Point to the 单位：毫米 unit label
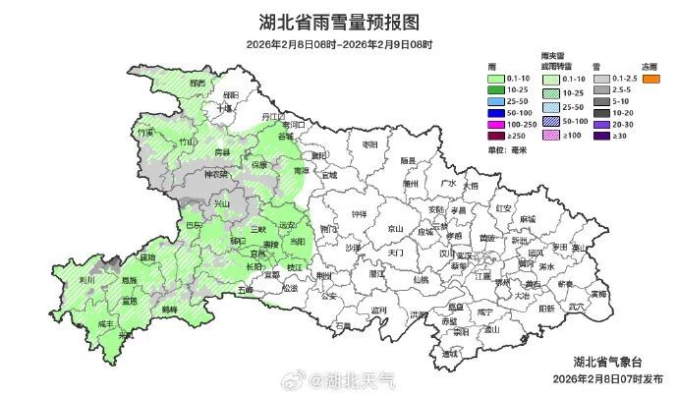point(507,150)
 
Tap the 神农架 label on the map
point(215,175)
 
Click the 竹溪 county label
point(146,132)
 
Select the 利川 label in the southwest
point(86,280)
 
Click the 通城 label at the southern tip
point(450,353)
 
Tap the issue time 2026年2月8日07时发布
point(606,378)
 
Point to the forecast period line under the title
point(338,44)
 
